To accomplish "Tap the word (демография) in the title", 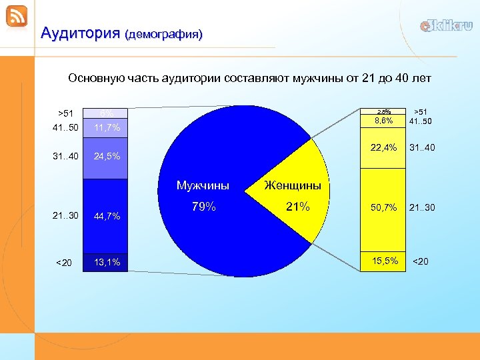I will click(x=163, y=33).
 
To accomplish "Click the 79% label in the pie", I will click(x=203, y=207).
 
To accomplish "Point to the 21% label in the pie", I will click(x=298, y=207).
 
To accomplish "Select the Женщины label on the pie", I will click(x=293, y=185).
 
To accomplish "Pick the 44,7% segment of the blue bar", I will click(x=107, y=216).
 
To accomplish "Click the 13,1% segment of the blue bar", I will click(x=107, y=263).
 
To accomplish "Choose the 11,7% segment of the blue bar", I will click(x=107, y=127).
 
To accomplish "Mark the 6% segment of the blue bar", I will click(x=107, y=113).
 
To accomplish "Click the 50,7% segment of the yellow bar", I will click(x=384, y=208).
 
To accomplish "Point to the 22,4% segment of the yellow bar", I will click(x=384, y=147).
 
